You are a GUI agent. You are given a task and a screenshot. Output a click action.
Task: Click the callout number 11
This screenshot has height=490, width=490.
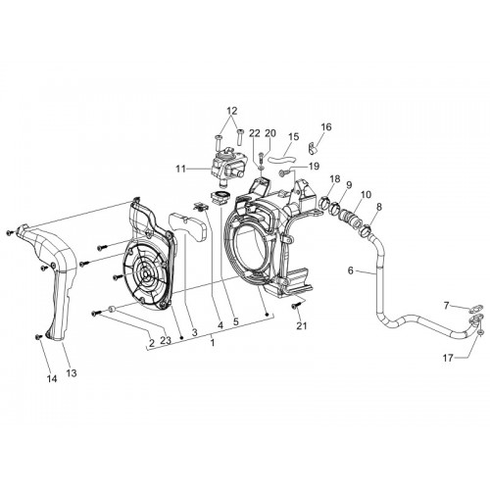click(181, 170)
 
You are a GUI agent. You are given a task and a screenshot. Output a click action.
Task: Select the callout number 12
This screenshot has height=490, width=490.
click(231, 111)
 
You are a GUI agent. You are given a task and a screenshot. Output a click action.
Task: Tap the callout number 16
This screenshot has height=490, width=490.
click(326, 126)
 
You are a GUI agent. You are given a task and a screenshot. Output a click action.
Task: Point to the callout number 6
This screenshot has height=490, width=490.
click(351, 270)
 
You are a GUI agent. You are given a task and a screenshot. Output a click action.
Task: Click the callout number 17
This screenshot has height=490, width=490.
click(448, 358)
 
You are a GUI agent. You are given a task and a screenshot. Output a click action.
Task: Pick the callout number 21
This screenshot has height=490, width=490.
click(302, 325)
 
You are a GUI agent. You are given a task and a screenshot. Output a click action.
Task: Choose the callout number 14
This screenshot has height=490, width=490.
click(52, 378)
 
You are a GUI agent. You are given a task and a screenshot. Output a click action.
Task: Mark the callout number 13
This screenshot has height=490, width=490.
click(72, 372)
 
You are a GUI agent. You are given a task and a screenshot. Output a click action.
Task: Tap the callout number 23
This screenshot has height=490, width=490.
click(166, 340)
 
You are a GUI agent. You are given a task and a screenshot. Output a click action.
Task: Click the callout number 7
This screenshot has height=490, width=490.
click(447, 306)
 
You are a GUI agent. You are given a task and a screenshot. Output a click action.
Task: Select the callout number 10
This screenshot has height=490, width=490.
click(366, 195)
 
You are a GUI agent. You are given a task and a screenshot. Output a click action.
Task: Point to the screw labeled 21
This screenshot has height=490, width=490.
click(297, 306)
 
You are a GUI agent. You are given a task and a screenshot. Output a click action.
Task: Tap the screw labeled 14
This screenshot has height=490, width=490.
click(39, 336)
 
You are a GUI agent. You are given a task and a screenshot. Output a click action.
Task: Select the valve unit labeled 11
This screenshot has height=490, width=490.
click(227, 166)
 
